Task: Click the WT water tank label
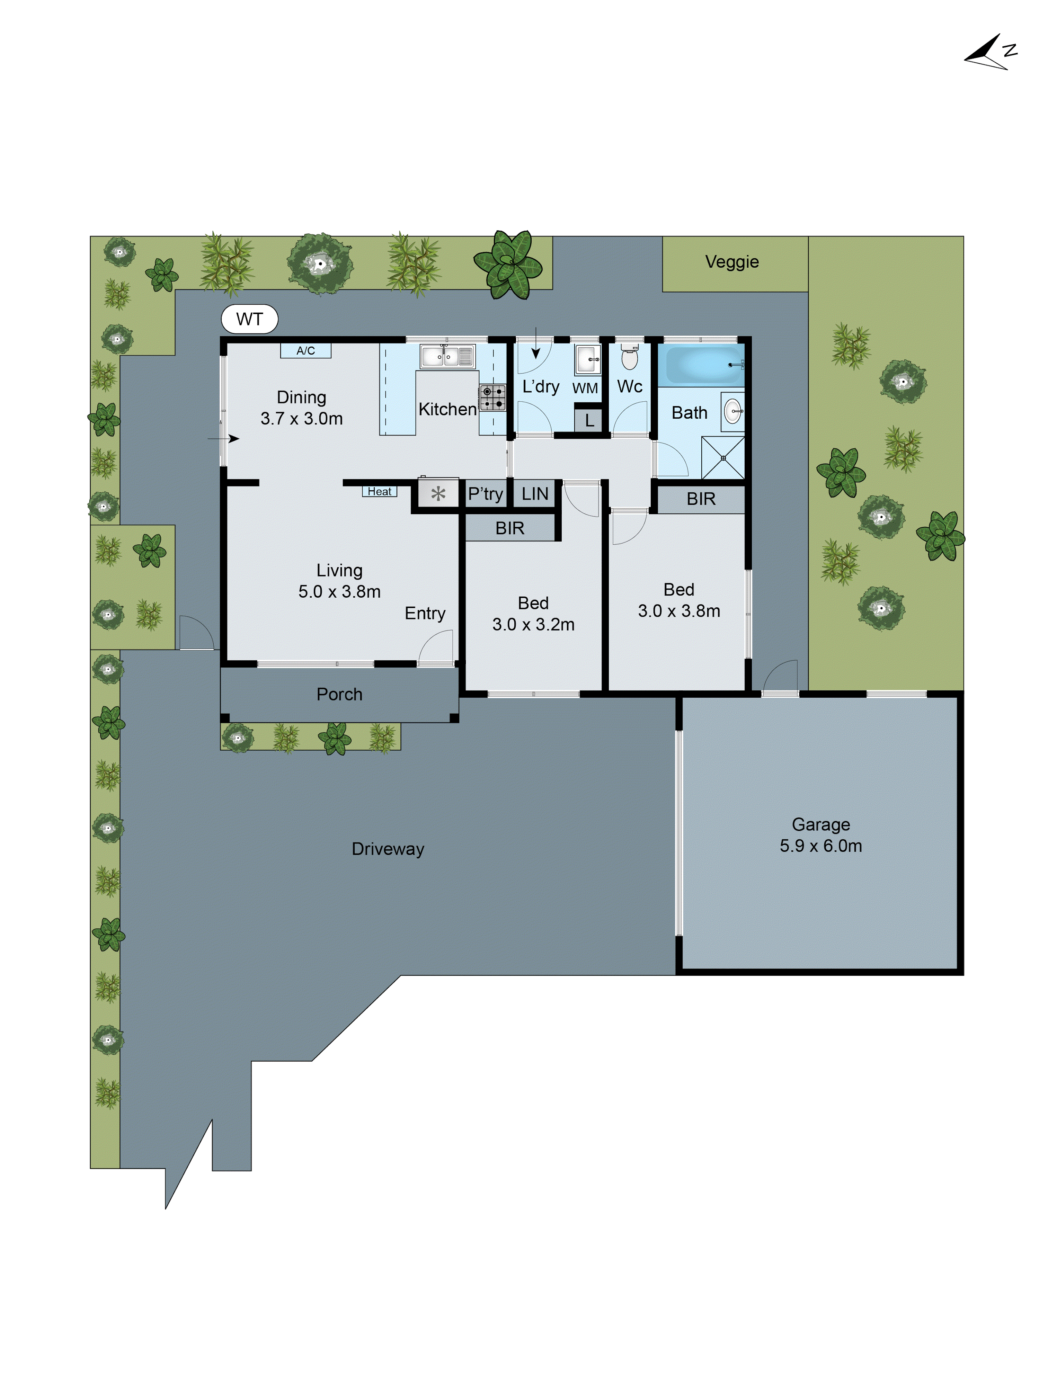point(249,319)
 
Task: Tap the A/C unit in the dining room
point(305,351)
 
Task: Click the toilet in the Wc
point(629,358)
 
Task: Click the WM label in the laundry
point(585,388)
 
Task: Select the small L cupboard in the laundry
point(589,421)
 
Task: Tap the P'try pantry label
point(485,494)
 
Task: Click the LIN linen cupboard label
point(535,494)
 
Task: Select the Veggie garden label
point(731,262)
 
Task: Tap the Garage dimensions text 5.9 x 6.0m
point(820,846)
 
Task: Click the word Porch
point(339,694)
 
